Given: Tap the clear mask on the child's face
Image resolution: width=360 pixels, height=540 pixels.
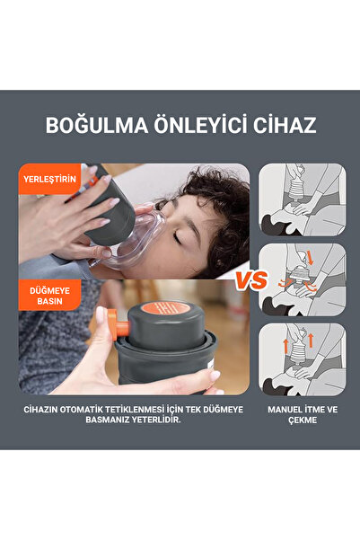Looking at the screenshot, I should click(x=139, y=238).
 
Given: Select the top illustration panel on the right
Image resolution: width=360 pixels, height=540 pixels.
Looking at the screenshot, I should click(x=302, y=199).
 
